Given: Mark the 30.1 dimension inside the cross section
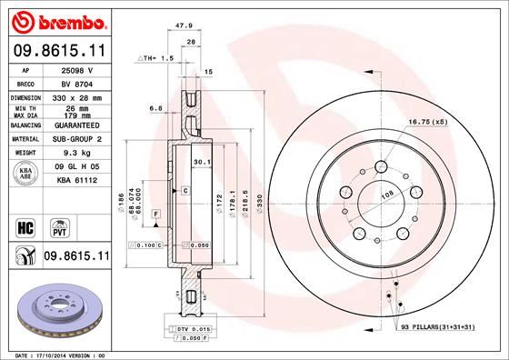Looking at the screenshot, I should tap(203, 163).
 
